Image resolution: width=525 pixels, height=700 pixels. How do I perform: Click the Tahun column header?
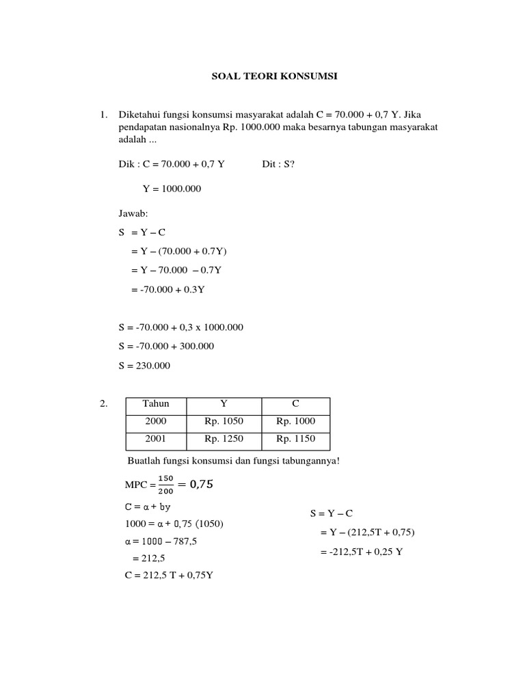[x=156, y=404]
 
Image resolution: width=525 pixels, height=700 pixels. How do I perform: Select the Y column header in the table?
[x=224, y=404]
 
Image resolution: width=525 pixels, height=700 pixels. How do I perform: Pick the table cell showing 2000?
[x=156, y=422]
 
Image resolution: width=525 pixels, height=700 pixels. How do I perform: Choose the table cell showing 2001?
[x=156, y=440]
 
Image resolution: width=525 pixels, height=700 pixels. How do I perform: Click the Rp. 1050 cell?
[x=224, y=422]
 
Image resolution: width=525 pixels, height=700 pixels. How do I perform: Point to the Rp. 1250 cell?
[x=224, y=440]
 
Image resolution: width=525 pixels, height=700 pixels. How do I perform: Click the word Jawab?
[x=133, y=214]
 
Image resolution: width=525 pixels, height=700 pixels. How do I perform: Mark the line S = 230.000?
[x=144, y=366]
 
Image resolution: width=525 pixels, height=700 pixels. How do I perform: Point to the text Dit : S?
[x=278, y=164]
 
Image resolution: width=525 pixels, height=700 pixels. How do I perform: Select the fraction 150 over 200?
[x=165, y=485]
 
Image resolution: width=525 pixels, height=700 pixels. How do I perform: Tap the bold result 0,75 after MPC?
[x=200, y=485]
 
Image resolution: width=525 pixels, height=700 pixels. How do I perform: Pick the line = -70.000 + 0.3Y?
[x=168, y=290]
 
